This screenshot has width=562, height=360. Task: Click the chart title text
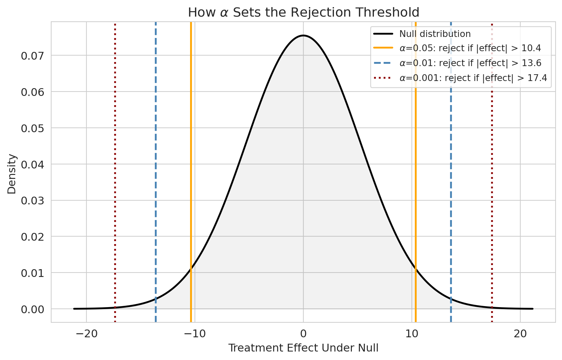(x=303, y=13)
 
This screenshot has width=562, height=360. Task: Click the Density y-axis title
(x=12, y=174)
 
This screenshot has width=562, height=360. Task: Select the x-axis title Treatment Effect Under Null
(x=303, y=348)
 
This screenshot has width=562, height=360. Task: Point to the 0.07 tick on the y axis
(x=33, y=56)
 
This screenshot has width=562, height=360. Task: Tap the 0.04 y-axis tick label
(x=33, y=164)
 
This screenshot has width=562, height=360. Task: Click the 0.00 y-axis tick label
(x=33, y=309)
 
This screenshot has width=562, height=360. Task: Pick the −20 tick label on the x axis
(x=86, y=334)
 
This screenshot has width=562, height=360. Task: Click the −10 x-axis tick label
(x=195, y=334)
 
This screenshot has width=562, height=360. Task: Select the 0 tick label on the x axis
(x=303, y=334)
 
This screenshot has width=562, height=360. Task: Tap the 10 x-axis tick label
(x=412, y=334)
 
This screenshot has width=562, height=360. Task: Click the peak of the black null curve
(x=303, y=35)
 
